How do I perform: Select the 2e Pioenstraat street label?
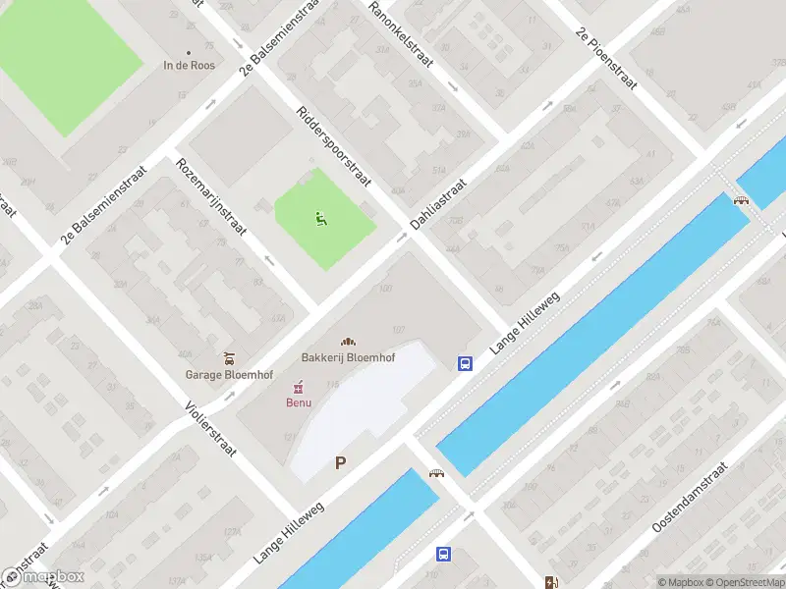click(607, 59)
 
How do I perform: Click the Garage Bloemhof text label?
click(229, 374)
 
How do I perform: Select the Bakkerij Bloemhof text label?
click(348, 358)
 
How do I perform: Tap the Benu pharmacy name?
click(299, 402)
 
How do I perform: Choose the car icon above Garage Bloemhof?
click(229, 357)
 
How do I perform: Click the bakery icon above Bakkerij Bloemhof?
click(348, 342)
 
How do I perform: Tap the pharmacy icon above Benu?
click(299, 387)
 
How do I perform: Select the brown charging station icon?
click(550, 581)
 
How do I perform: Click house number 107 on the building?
click(399, 329)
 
